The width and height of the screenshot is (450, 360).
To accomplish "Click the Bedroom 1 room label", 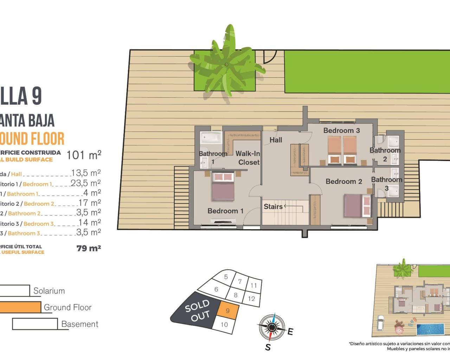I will click(225, 211).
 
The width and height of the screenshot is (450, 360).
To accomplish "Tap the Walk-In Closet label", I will click(248, 158).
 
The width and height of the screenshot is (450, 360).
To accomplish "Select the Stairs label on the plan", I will click(273, 206).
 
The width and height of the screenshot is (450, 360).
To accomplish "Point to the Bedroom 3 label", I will click(341, 130).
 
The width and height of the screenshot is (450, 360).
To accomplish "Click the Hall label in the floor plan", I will click(276, 140).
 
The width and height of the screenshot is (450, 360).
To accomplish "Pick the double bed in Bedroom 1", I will click(223, 186).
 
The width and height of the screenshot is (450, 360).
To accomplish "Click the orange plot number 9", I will click(228, 311).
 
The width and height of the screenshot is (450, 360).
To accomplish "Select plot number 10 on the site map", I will click(224, 324).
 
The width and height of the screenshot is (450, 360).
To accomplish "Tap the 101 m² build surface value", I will click(84, 155).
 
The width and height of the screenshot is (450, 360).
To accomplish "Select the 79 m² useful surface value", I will click(89, 248).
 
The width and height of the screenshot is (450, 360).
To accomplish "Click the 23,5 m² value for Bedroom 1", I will click(86, 183).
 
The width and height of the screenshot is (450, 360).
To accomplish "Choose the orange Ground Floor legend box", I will click(20, 307).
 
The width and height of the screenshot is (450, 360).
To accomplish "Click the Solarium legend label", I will click(49, 291).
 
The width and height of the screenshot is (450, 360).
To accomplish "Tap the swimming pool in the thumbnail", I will click(430, 329).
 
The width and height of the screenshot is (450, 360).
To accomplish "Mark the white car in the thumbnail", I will click(380, 323).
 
